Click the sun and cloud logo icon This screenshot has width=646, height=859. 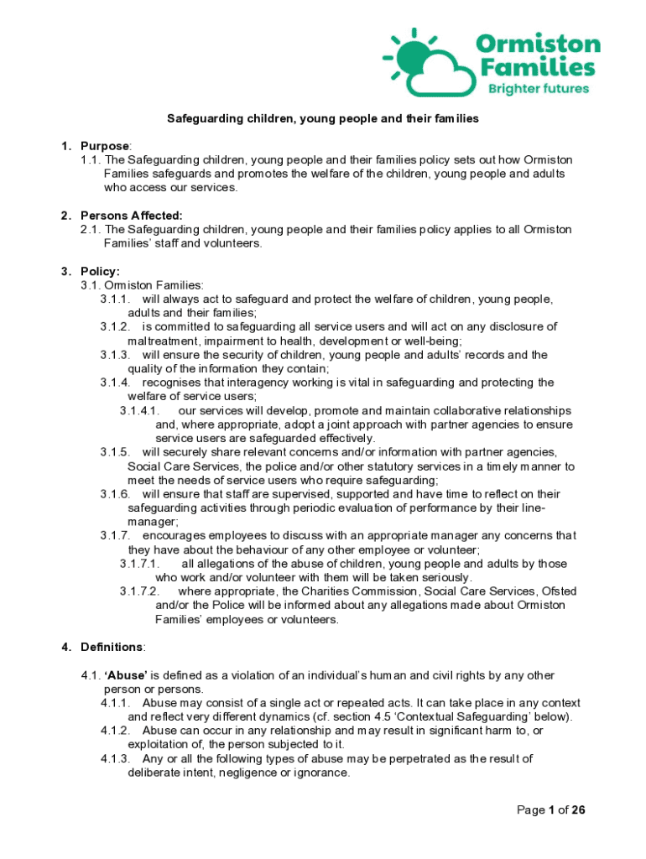(425, 60)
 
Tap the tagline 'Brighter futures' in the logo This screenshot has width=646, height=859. (539, 88)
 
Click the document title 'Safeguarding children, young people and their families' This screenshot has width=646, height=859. (323, 119)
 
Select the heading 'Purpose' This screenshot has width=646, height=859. (105, 146)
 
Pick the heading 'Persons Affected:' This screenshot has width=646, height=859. (131, 216)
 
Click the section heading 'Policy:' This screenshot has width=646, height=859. (100, 271)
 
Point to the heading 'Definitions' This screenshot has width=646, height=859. (112, 648)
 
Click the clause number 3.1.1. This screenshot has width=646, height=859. (115, 299)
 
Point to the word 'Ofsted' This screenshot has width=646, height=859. (549, 592)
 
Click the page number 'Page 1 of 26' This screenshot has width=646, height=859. (550, 810)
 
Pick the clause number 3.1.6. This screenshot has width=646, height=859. (115, 495)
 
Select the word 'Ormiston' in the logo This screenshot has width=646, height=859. (538, 44)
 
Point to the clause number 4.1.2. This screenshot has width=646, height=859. (115, 731)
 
